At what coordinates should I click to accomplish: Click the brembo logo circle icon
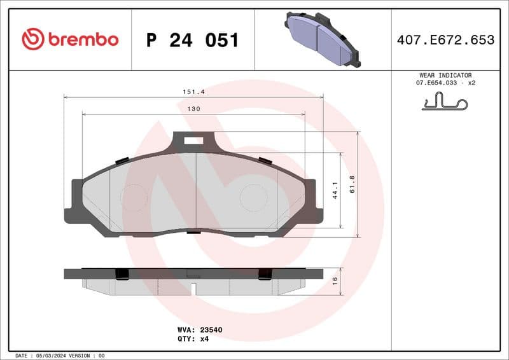[33, 39]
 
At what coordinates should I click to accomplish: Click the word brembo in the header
[83, 39]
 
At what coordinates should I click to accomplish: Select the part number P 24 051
[192, 40]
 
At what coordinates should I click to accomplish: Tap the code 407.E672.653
[445, 40]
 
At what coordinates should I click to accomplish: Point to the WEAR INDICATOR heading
[445, 75]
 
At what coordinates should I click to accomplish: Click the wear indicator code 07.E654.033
[438, 83]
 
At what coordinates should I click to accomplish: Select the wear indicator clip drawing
[444, 101]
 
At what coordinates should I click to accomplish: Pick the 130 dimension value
[194, 109]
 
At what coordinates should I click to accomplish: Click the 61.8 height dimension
[352, 184]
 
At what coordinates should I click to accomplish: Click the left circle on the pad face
[134, 198]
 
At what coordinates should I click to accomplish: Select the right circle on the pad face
[253, 198]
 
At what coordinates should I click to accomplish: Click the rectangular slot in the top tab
[193, 141]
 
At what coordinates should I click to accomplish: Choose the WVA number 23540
[209, 330]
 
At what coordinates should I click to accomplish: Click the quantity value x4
[204, 339]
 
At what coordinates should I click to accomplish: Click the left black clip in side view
[121, 274]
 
